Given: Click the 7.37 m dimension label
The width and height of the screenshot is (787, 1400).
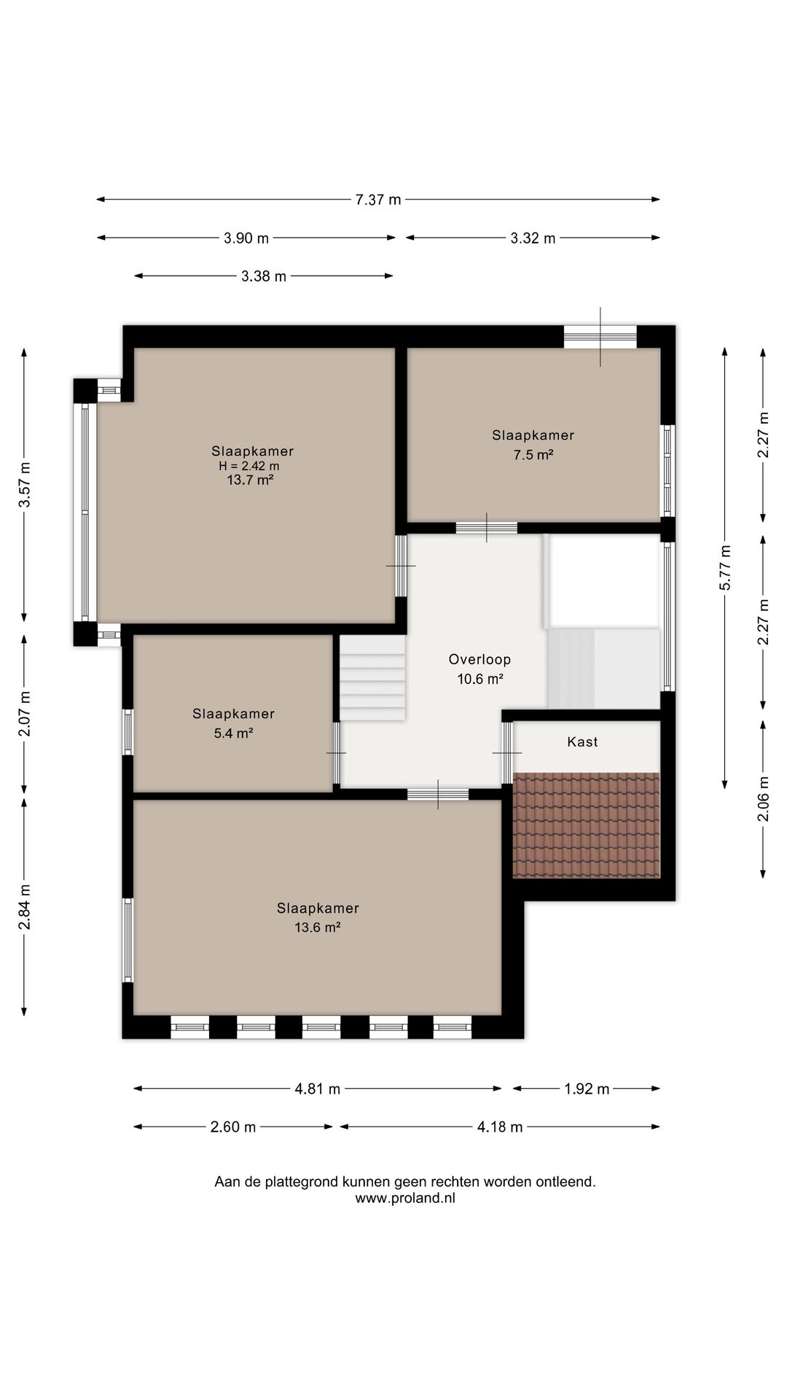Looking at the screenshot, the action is point(378,200).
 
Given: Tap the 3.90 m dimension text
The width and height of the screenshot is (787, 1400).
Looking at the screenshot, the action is point(246,238).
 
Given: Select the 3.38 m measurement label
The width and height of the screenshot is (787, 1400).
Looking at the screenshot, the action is point(264,276).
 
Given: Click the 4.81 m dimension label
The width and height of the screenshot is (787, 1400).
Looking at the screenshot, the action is point(318,1089).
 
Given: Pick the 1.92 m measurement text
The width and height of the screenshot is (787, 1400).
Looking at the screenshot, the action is point(587,1089).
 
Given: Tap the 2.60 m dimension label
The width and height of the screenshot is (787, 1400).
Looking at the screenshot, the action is point(233,1127).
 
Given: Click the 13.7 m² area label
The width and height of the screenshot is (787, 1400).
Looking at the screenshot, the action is point(250,480).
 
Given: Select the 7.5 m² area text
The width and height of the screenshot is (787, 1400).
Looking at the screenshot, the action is point(533,455).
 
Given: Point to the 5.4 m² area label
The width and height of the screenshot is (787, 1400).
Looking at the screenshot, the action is point(233,734).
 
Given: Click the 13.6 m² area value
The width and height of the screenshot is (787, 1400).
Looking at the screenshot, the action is point(318,927).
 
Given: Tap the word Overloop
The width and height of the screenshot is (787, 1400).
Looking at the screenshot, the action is point(479,659).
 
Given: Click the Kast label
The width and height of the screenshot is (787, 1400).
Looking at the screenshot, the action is point(582,742).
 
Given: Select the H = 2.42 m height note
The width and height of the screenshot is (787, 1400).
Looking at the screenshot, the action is point(249,466).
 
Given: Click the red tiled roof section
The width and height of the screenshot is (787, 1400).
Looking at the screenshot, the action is point(587,825).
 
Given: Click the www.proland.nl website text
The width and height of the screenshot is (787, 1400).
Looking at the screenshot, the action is point(405,1197).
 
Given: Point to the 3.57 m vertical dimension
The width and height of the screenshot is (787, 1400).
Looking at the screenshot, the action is point(25,485).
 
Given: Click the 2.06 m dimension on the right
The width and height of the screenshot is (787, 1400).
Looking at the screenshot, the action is point(762,798).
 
